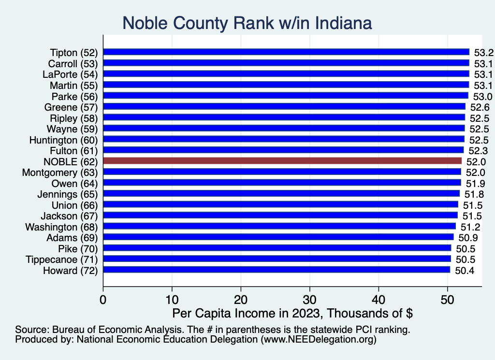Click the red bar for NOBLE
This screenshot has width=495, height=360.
(x=282, y=161)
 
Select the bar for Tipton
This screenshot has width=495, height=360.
(x=286, y=52)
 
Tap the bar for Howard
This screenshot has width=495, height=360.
(x=277, y=270)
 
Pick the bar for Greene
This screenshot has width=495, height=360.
(x=284, y=106)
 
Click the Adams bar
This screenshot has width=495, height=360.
(x=278, y=237)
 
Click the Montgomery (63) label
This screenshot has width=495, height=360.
(x=60, y=173)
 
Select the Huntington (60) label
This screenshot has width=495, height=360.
(x=63, y=140)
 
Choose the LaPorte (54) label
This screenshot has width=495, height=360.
(x=70, y=74)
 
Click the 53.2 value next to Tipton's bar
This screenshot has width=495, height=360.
(x=483, y=52)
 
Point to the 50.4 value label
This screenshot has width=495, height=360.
(x=465, y=270)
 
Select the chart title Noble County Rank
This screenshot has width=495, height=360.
(x=247, y=23)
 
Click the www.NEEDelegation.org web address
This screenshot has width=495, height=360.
(x=319, y=340)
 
